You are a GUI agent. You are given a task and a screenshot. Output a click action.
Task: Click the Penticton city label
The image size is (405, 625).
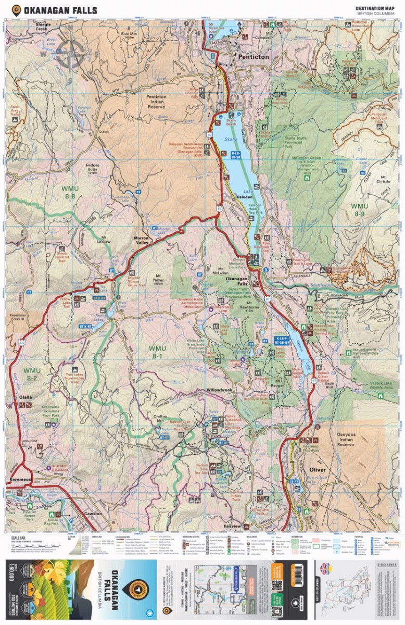253,56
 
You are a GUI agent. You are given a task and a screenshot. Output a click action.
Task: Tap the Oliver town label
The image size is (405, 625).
318,470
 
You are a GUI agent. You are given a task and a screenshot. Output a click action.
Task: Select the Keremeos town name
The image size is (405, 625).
21,478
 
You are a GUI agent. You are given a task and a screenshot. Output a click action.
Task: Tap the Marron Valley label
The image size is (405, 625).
142,241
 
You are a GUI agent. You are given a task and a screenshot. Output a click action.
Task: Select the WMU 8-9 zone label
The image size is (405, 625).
359,209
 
